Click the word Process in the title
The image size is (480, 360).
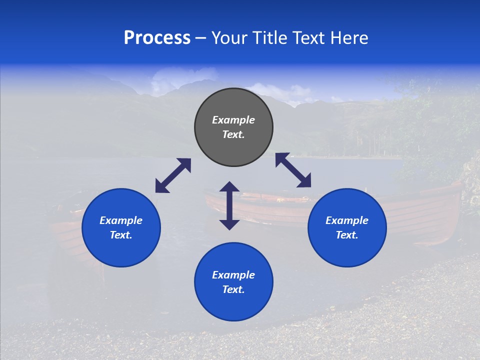[157, 38]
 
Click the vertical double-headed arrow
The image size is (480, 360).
[229, 205]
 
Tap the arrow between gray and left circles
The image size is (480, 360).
[173, 175]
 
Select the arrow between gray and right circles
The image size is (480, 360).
[293, 170]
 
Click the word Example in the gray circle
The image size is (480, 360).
[233, 120]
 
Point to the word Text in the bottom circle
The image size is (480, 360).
[233, 289]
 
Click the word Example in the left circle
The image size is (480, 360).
[121, 220]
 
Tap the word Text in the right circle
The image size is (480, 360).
[347, 235]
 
